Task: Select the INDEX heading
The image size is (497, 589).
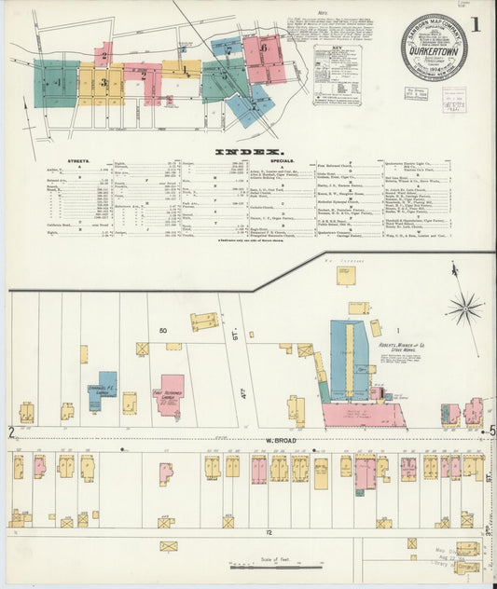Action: click(x=248, y=151)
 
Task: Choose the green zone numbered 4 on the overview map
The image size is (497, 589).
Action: click(x=57, y=82)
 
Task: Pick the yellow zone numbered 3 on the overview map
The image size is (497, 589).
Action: click(x=104, y=83)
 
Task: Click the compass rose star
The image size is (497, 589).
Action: click(x=463, y=308)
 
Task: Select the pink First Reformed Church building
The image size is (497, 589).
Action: click(x=171, y=393)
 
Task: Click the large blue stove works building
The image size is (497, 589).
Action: click(x=349, y=360)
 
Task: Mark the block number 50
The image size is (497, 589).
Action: click(x=162, y=331)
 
